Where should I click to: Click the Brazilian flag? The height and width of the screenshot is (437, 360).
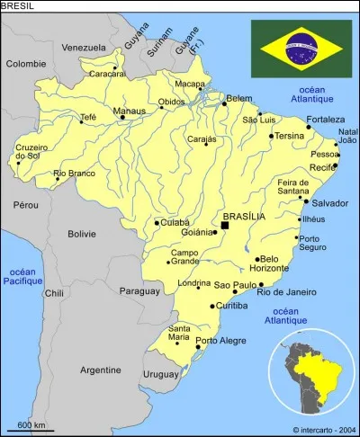click(301, 49)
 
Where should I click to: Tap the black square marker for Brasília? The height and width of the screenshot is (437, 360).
click(224, 226)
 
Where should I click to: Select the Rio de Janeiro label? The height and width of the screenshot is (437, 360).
click(286, 291)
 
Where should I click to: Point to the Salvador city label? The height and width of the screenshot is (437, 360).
click(329, 203)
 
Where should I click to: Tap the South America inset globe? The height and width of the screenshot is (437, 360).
click(314, 370)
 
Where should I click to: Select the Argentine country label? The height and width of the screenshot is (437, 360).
click(100, 370)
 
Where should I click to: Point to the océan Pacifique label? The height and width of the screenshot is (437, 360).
click(22, 276)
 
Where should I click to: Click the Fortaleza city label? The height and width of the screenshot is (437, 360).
click(325, 119)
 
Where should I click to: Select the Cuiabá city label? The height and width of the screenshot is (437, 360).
click(175, 222)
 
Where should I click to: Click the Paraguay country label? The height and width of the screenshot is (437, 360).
click(139, 290)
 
